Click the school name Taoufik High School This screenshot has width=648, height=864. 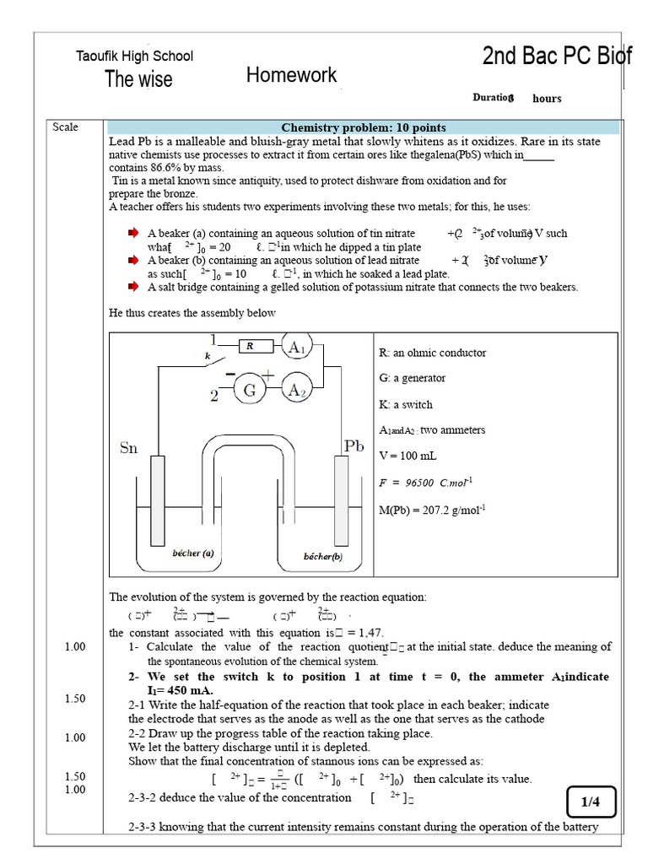pos(135,57)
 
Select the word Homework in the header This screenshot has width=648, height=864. pos(291,76)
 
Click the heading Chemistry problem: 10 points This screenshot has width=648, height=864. pos(364,127)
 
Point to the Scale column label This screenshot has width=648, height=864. pos(65,127)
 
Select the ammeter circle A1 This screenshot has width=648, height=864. pos(296,347)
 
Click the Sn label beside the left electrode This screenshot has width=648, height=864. pos(128,449)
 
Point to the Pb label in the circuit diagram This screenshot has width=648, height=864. pos(353,445)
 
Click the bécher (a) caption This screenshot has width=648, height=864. pos(193,553)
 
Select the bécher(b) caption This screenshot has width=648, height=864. pos(323,557)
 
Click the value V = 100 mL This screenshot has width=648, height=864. pos(408,456)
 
